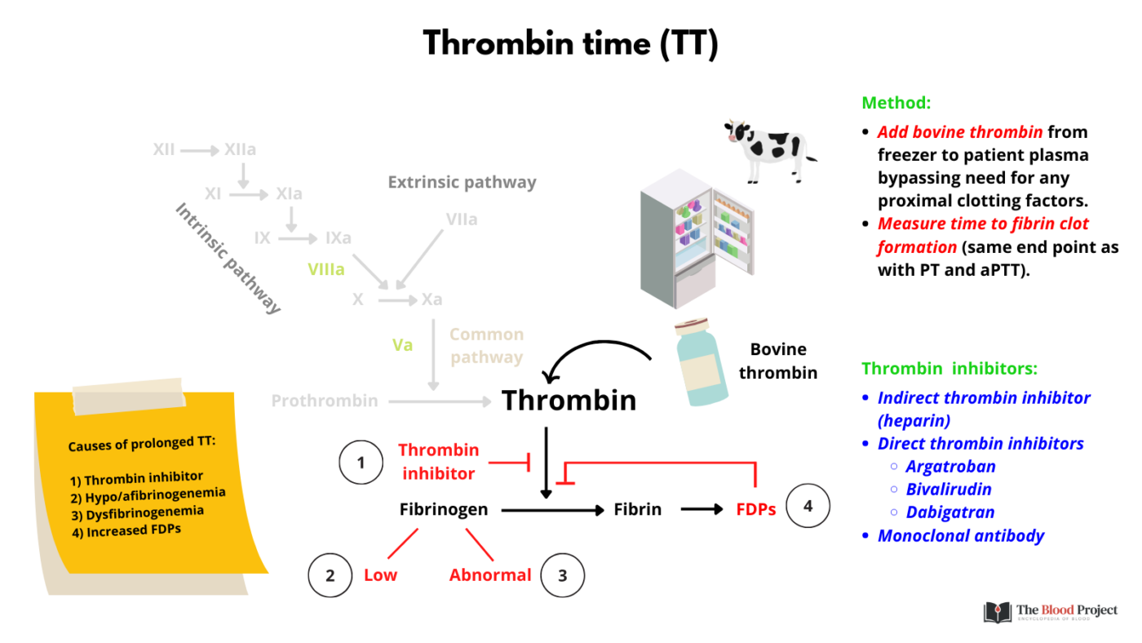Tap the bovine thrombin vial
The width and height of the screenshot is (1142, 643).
(x=701, y=362)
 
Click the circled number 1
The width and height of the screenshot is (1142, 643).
(x=361, y=463)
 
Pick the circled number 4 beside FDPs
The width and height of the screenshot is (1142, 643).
(x=808, y=506)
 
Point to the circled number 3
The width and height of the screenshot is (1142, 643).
(x=562, y=575)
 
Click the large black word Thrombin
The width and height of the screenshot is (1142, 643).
(x=569, y=400)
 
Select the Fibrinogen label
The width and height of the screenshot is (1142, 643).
(x=444, y=509)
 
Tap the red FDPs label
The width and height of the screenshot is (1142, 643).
(x=755, y=509)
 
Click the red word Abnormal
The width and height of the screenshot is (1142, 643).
(x=490, y=575)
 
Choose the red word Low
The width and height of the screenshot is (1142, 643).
(x=380, y=575)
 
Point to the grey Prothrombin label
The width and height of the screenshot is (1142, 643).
(x=325, y=401)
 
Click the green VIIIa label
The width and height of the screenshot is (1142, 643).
(x=325, y=268)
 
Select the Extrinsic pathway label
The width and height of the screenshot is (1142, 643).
(x=462, y=182)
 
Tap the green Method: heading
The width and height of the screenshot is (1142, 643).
(x=896, y=104)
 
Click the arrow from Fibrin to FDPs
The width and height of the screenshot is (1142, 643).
(x=702, y=509)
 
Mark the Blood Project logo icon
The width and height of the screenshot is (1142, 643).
(x=998, y=612)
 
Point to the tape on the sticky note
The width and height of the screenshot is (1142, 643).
(x=129, y=397)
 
